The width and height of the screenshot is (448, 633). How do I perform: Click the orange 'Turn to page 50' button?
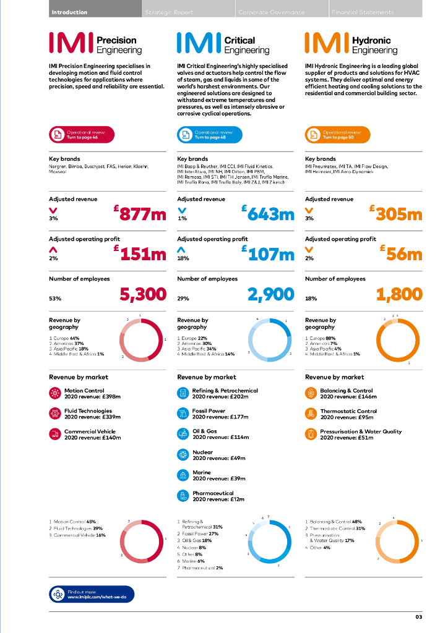[x=337, y=134]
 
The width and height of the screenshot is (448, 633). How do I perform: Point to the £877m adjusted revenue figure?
[x=140, y=214]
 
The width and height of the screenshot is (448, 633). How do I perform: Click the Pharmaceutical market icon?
[x=183, y=496]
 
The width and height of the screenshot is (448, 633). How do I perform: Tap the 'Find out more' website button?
[x=91, y=594]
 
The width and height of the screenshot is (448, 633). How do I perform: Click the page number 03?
[x=418, y=617]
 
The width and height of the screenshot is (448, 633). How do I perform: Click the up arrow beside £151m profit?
[x=53, y=250]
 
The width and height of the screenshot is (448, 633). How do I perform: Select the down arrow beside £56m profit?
[x=309, y=250]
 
